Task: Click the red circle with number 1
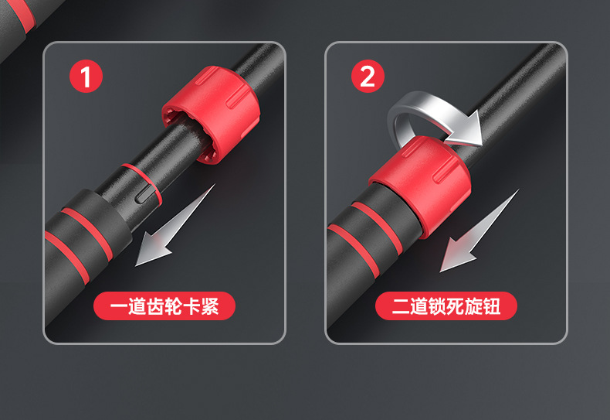click(86, 76)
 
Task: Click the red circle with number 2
click(368, 76)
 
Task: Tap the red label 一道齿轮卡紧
click(164, 306)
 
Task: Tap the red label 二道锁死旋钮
click(446, 306)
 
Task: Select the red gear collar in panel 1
click(212, 114)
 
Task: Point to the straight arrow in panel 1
click(175, 226)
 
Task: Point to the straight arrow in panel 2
click(480, 230)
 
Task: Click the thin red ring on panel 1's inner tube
click(142, 183)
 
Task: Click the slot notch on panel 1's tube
click(144, 193)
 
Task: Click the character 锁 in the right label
click(436, 306)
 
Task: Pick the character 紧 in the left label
click(210, 306)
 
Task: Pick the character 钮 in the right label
click(492, 306)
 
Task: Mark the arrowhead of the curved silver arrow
click(467, 129)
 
